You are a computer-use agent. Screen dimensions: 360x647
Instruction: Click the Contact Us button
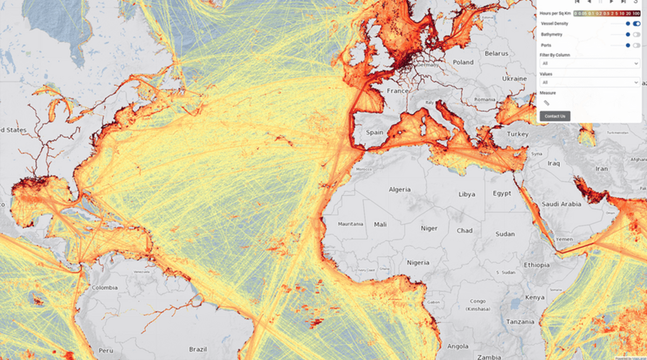tap(555, 116)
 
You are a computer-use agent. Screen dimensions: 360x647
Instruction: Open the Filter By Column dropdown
tap(590, 63)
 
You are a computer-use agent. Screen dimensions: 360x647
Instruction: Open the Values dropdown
tap(590, 82)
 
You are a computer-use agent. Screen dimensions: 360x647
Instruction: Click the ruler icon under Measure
tap(546, 102)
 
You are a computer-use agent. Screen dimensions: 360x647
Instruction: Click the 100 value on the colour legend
tap(637, 13)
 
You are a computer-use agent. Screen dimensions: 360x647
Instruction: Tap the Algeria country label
tap(400, 189)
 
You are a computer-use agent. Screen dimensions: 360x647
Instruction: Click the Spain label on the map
tap(375, 132)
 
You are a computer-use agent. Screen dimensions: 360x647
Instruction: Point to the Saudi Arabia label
tap(561, 204)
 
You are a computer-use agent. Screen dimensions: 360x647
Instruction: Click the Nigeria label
tap(418, 262)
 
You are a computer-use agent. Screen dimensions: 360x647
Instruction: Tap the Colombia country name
tap(105, 287)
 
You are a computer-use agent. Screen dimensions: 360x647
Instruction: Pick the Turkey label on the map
tap(518, 134)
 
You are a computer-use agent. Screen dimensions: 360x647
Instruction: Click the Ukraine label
tap(514, 78)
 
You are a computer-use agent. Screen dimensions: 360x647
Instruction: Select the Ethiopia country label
tap(536, 265)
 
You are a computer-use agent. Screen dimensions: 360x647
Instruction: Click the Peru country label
tap(105, 350)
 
